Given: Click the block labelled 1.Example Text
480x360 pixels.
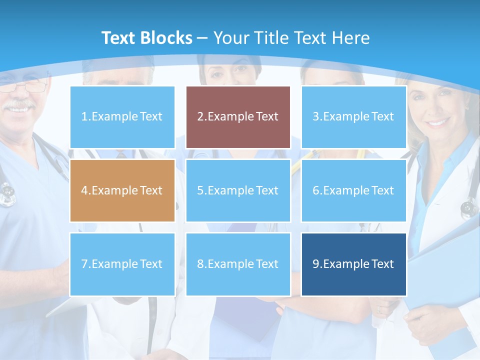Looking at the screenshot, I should [x=122, y=117].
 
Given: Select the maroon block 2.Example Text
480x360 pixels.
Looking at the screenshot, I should [x=238, y=117].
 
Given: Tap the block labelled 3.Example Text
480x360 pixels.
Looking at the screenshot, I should [x=353, y=117].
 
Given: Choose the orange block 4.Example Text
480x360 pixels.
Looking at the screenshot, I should [x=122, y=190].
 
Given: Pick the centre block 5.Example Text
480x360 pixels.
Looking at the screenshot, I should [x=238, y=190].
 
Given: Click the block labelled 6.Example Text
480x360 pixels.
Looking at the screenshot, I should [x=353, y=190].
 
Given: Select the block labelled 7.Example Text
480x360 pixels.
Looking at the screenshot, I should [x=122, y=264].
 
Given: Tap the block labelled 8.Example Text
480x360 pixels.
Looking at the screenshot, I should [x=238, y=264].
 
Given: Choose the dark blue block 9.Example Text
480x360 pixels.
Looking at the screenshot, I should [x=353, y=264].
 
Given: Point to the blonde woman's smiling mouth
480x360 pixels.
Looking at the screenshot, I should [x=438, y=122].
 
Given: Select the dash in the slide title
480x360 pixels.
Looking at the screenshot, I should [x=203, y=38].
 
